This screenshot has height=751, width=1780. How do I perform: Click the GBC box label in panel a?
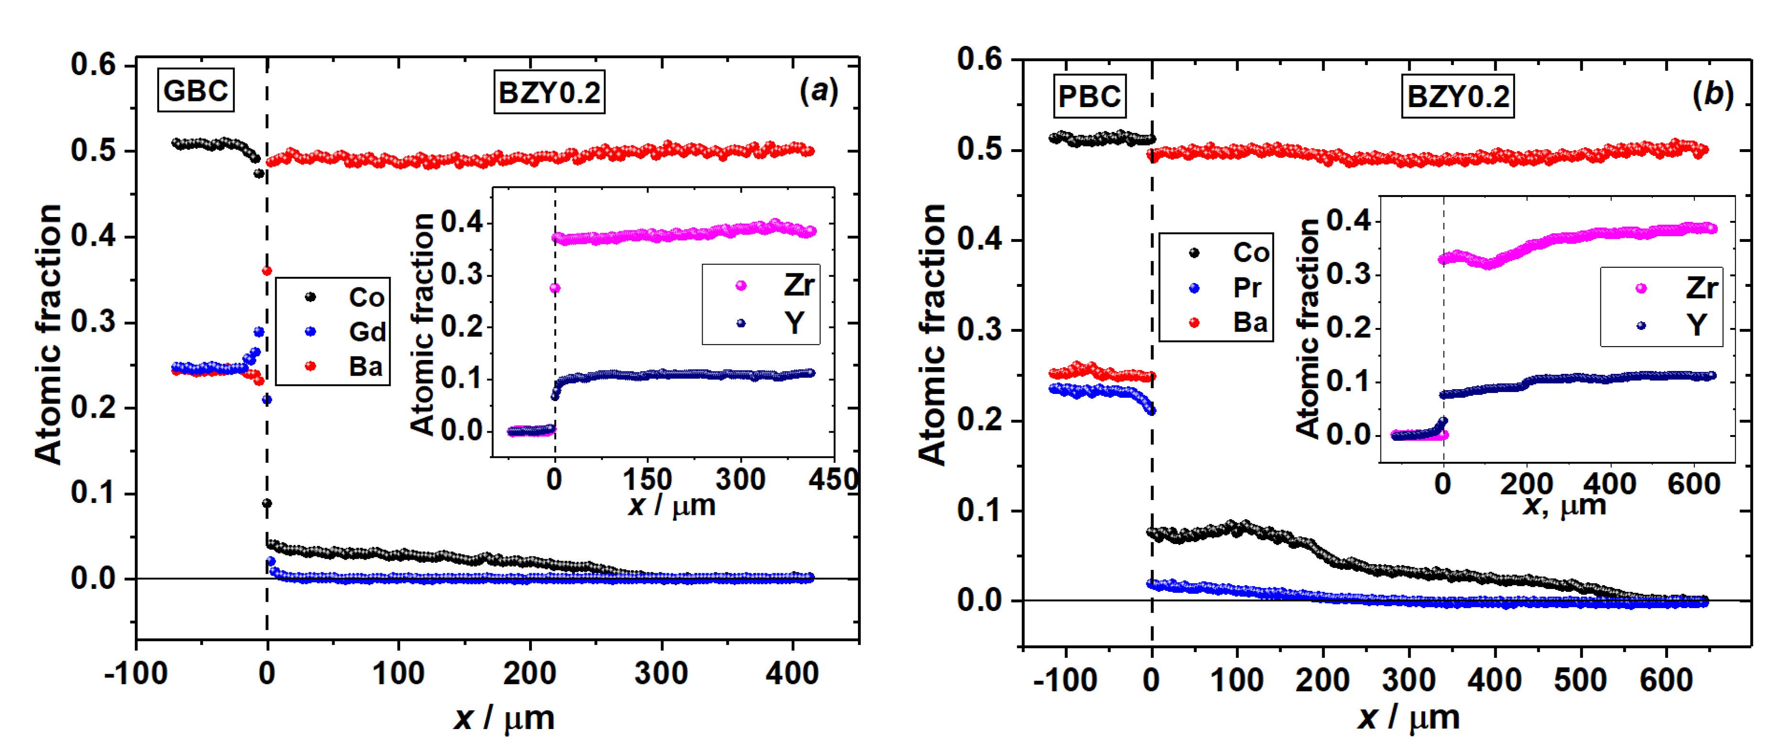tap(195, 90)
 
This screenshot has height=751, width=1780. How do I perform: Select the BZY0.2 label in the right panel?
tap(1458, 97)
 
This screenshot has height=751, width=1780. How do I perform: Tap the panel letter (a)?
tap(818, 90)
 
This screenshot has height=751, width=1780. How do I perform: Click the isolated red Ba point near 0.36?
tap(267, 271)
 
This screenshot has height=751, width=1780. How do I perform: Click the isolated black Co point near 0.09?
tap(267, 503)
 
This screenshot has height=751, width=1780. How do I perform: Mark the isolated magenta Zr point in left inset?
tap(554, 288)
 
